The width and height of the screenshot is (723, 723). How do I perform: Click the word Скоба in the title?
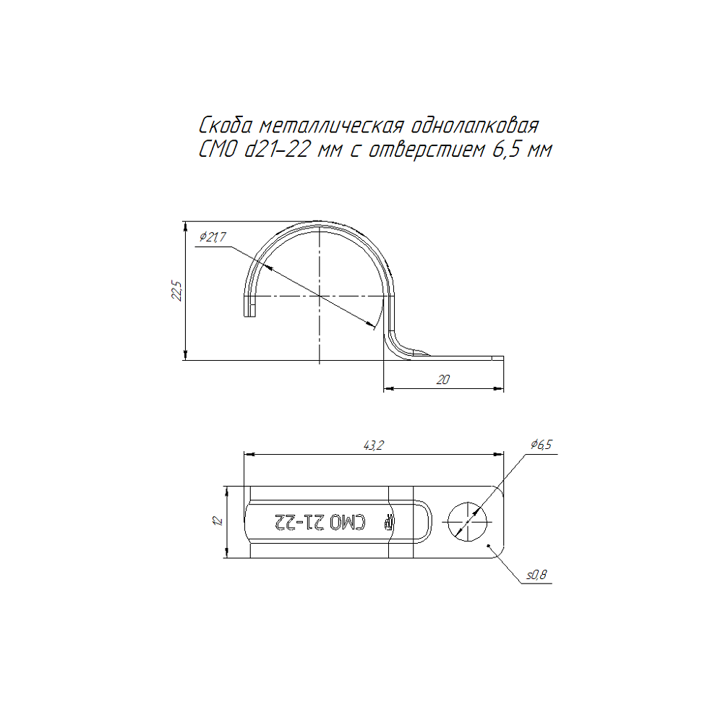tap(226, 125)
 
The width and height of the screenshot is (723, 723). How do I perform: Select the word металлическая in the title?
tap(332, 126)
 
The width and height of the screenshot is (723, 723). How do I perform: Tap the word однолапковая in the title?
tap(474, 126)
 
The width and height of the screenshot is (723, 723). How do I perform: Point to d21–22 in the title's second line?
tap(276, 150)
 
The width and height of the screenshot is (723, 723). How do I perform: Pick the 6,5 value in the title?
tap(506, 150)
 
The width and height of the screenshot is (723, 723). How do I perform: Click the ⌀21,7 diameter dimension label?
tap(213, 237)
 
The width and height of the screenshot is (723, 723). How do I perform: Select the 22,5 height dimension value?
tap(176, 291)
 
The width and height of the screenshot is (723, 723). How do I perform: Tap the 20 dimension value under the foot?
tap(442, 380)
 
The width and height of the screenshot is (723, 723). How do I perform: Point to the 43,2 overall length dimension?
tap(374, 445)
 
